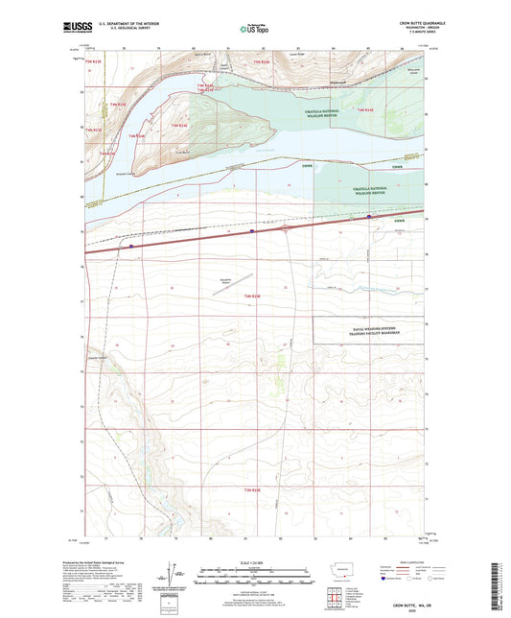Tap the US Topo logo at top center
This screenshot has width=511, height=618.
(253, 29)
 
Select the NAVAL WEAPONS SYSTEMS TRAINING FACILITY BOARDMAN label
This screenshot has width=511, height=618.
(370, 331)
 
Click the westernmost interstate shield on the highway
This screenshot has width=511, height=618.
(131, 246)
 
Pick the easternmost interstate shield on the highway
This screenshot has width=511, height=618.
(370, 217)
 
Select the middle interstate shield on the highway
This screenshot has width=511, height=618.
(251, 230)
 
